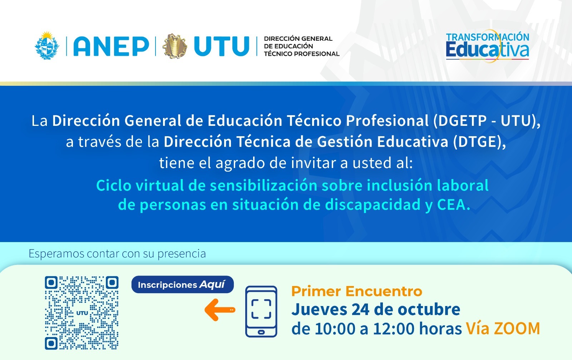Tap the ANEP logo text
click(x=111, y=46)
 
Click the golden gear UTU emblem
click(x=175, y=46)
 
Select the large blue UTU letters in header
click(x=222, y=46)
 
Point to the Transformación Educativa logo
click(x=488, y=46)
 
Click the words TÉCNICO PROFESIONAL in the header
click(x=302, y=54)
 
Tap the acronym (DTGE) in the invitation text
click(x=479, y=142)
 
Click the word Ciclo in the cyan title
click(x=114, y=185)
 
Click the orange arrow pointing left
click(x=220, y=310)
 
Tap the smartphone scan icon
click(x=261, y=311)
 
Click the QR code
click(x=82, y=313)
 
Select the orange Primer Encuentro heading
click(x=357, y=291)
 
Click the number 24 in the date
click(x=360, y=310)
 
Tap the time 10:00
click(x=335, y=329)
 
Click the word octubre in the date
click(x=429, y=310)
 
